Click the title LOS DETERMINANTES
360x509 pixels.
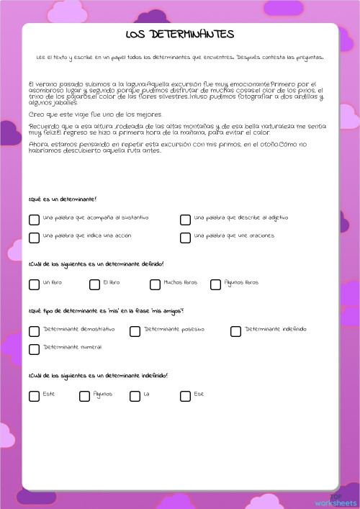point(180,35)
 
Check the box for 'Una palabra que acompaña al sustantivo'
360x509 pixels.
point(34,220)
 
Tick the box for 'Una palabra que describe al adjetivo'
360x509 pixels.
point(185,220)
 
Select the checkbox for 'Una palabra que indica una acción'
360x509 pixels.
point(34,238)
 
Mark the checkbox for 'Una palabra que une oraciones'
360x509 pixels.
point(185,238)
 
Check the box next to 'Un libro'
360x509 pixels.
point(34,284)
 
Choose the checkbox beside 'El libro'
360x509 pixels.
point(94,284)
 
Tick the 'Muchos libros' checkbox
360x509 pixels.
point(155,284)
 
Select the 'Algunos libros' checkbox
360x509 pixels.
point(215,284)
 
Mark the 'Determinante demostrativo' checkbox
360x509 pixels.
point(34,331)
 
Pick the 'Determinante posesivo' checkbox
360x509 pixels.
point(135,331)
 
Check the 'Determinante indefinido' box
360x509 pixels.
point(235,331)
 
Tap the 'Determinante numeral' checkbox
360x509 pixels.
point(34,349)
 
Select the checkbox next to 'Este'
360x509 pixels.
point(34,396)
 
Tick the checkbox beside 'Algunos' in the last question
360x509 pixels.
point(84,396)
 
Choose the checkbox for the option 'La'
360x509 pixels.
point(135,396)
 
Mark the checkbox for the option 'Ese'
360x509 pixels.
point(185,396)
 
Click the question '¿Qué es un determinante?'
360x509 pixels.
point(63,199)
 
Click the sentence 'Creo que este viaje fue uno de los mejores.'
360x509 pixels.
point(95,115)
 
